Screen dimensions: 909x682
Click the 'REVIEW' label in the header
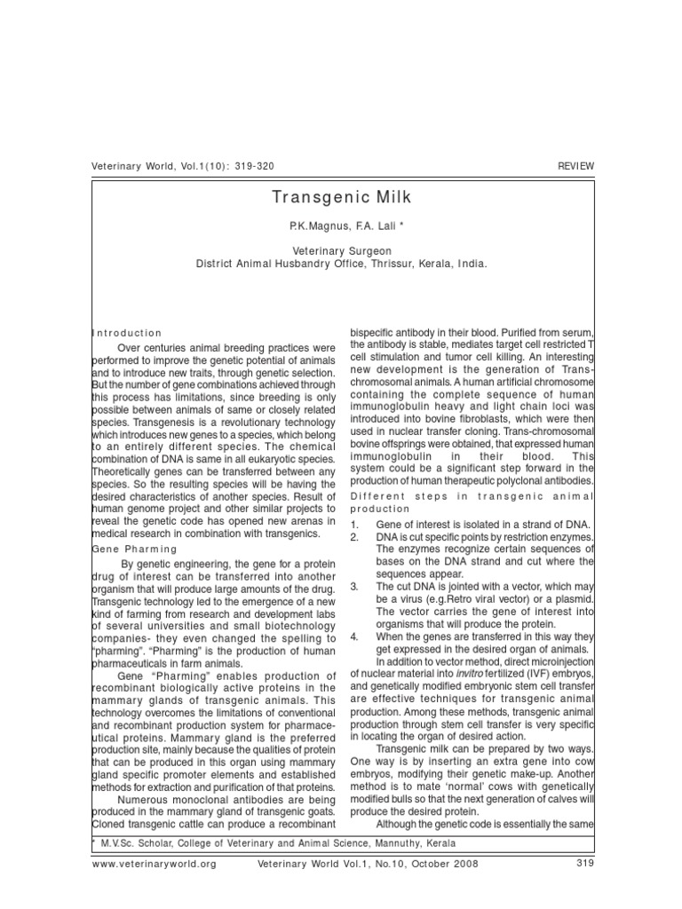pos(575,167)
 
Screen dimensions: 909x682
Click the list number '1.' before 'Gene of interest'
pos(356,525)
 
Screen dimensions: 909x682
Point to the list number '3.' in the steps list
pos(356,587)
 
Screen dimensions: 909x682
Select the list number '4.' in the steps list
pos(356,636)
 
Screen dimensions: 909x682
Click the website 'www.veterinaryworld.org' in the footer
pos(153,863)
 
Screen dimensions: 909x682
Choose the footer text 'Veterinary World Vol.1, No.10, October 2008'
pos(368,863)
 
